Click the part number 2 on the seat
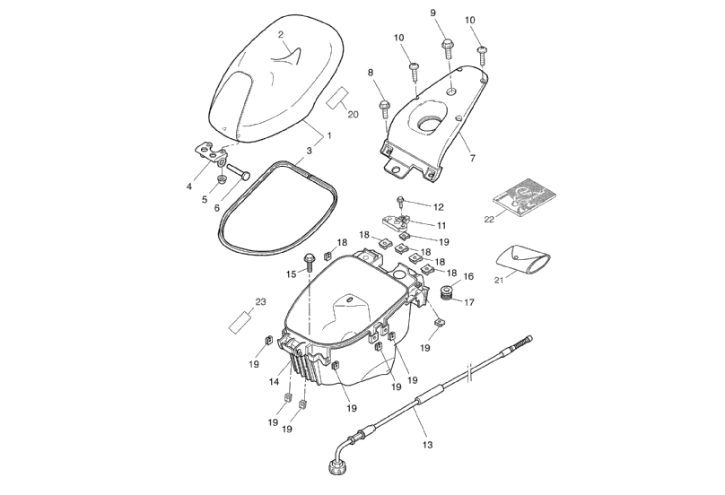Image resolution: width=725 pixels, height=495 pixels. click(281, 34)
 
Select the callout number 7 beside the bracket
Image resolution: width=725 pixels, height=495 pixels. click(472, 158)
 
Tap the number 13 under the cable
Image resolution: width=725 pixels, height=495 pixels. click(426, 445)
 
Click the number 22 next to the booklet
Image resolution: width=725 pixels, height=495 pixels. click(489, 219)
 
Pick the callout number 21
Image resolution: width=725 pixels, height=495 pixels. click(498, 280)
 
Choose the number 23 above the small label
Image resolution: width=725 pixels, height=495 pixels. click(260, 302)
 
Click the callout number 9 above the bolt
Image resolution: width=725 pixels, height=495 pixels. click(432, 13)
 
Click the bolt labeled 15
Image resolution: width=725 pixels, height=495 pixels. click(309, 261)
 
